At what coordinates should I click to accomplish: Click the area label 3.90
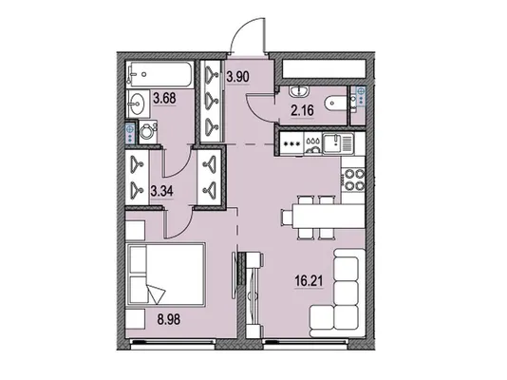click(237, 77)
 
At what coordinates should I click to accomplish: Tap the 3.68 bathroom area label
click(164, 98)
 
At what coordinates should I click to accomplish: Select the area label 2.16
click(302, 110)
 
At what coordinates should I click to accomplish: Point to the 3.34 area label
click(161, 191)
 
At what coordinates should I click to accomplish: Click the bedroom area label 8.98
click(169, 319)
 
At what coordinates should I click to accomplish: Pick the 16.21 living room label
click(309, 281)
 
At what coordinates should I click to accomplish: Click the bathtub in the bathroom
click(160, 74)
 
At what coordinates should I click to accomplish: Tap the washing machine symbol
click(148, 132)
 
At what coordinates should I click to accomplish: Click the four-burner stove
click(354, 180)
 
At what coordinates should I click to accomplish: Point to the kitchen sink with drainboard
click(338, 143)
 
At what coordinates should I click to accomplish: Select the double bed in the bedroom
click(166, 275)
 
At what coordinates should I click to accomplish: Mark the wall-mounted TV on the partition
click(235, 275)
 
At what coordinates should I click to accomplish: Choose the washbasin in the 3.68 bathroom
click(137, 104)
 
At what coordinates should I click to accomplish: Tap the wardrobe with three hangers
click(211, 101)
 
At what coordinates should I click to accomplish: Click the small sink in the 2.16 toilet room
click(300, 91)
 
